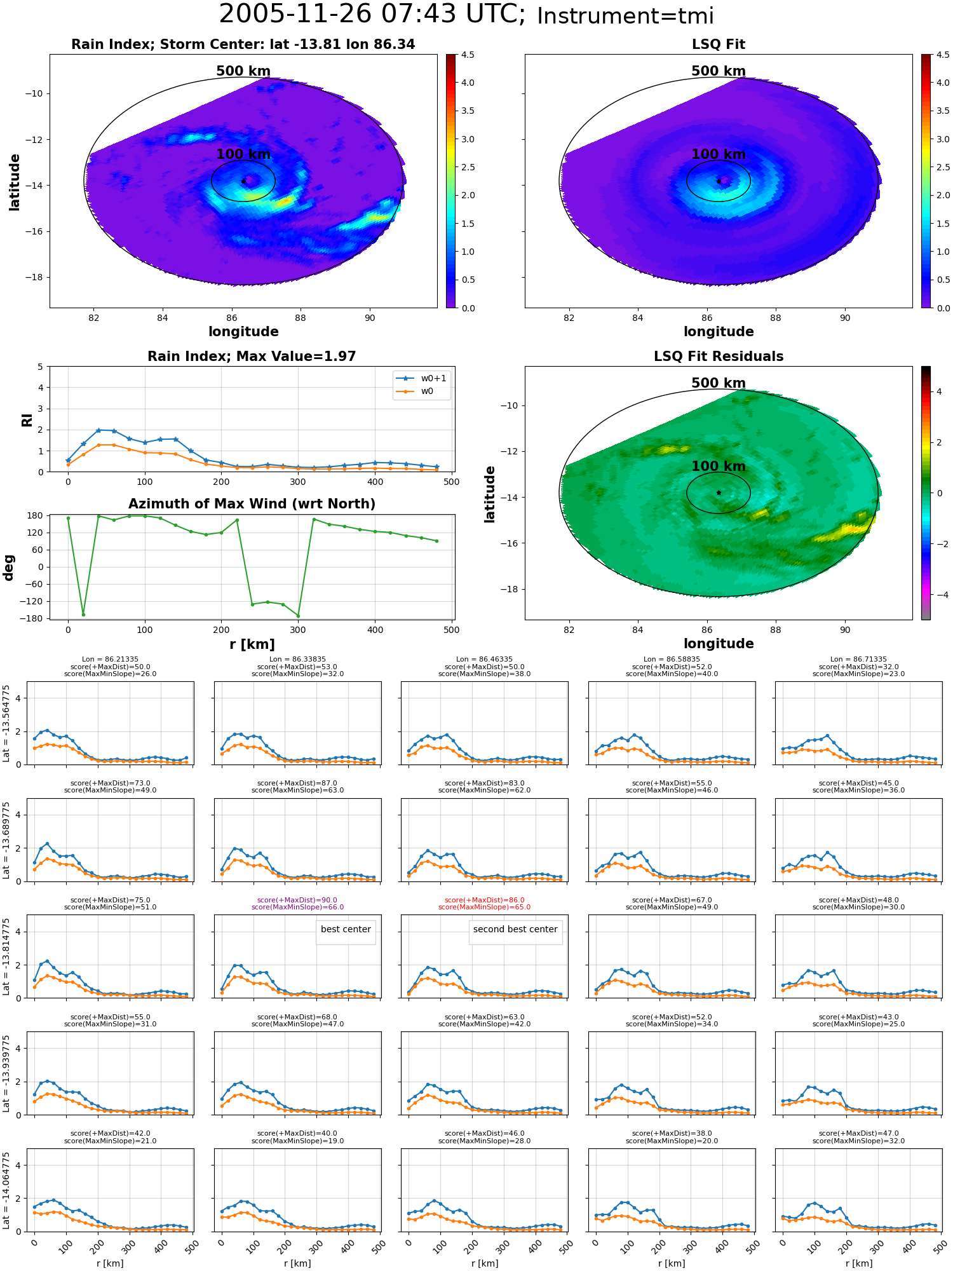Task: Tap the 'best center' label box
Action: (x=346, y=929)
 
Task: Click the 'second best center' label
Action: (x=515, y=929)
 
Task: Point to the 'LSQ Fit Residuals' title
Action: (x=719, y=357)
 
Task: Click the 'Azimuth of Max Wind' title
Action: (x=252, y=504)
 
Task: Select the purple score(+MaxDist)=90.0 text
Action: (x=297, y=900)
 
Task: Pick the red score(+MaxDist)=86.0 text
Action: (x=485, y=900)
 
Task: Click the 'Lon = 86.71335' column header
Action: (x=858, y=660)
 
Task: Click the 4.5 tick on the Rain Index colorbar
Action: (x=468, y=55)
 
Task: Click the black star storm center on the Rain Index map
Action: (x=243, y=181)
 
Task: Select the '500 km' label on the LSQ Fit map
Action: (x=719, y=71)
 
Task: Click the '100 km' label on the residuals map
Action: (x=719, y=466)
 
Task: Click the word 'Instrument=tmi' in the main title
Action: (x=626, y=17)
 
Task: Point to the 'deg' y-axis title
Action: (x=9, y=568)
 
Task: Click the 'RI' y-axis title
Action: (x=27, y=420)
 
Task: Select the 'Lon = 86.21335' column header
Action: (x=110, y=660)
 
